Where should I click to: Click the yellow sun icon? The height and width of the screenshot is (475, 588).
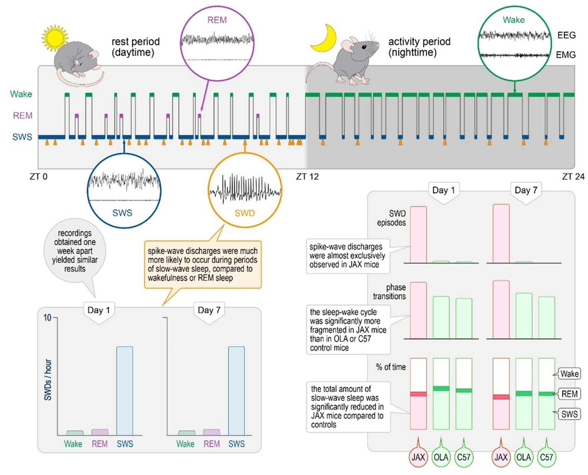pos(55,38)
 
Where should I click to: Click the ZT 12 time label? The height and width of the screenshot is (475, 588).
pos(307,176)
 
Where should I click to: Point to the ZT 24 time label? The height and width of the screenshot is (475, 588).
pos(573,176)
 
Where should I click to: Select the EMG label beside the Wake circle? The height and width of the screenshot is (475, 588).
pos(565,55)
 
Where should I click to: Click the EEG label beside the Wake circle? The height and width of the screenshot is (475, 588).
pos(566,35)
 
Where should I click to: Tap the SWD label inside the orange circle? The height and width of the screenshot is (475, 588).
pos(244,213)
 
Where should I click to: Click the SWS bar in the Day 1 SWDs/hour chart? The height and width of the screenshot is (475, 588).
pos(125,390)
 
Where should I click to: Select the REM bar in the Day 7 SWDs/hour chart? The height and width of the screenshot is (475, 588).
pos(211,432)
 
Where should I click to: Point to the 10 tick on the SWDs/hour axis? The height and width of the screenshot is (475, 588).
pos(47,318)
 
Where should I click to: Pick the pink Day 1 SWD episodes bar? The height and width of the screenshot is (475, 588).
pos(418,235)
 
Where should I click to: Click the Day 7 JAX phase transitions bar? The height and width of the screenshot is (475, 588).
pos(501,309)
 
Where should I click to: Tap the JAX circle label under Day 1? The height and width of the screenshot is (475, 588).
pos(418,457)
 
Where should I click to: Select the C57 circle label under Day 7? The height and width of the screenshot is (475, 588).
pos(546,457)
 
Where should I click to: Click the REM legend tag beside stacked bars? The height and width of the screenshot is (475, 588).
pos(569,394)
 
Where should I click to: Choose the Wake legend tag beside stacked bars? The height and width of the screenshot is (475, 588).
pos(569,374)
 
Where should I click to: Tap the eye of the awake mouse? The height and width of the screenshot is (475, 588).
pos(364,47)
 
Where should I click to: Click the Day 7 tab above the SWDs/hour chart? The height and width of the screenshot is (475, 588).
pos(209,310)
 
